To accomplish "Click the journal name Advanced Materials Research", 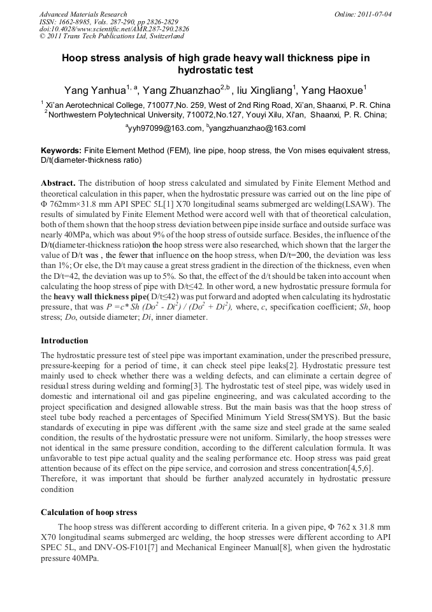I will coord(83,14).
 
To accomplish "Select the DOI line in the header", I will coord(114,29).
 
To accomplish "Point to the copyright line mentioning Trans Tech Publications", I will coord(106,37).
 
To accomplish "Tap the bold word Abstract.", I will coord(58,183).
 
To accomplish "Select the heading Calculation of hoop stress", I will coord(89,512).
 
